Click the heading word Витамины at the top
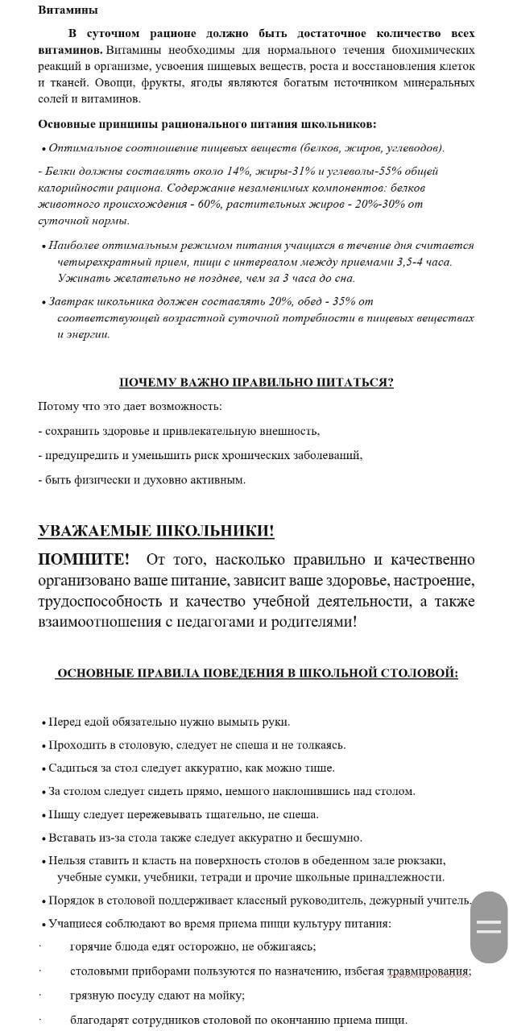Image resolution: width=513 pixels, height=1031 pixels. click(68, 10)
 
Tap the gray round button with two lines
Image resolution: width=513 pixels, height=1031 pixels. click(489, 926)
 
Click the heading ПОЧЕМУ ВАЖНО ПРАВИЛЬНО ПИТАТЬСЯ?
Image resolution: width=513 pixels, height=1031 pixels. click(256, 383)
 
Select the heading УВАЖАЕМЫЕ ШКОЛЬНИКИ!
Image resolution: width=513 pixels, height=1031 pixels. click(155, 531)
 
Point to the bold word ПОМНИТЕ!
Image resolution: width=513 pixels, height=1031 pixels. click(83, 560)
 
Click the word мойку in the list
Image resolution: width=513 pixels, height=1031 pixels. click(226, 996)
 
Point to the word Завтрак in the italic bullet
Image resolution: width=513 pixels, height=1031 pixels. click(69, 302)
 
